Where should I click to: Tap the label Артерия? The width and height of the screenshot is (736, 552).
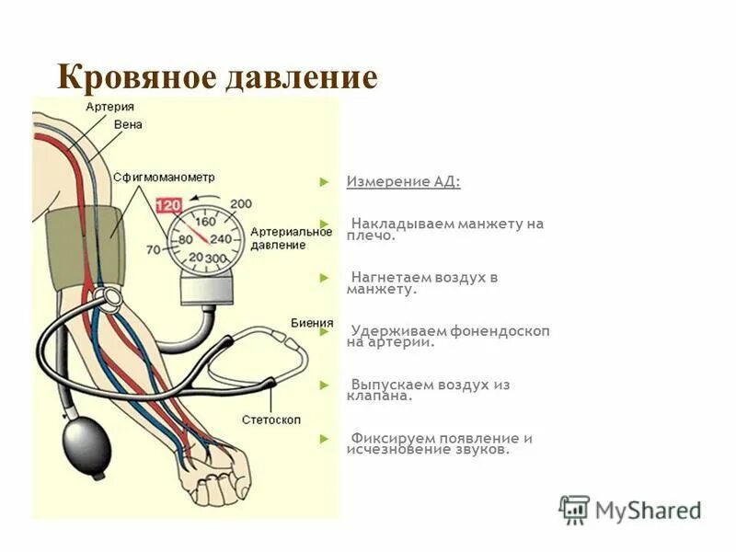(x=110, y=108)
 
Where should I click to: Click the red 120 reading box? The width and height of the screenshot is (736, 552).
(x=167, y=206)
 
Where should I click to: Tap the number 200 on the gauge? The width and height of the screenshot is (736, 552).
(x=241, y=204)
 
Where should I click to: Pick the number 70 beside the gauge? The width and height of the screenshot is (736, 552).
(x=153, y=249)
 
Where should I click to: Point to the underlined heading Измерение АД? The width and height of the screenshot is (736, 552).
(x=403, y=181)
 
